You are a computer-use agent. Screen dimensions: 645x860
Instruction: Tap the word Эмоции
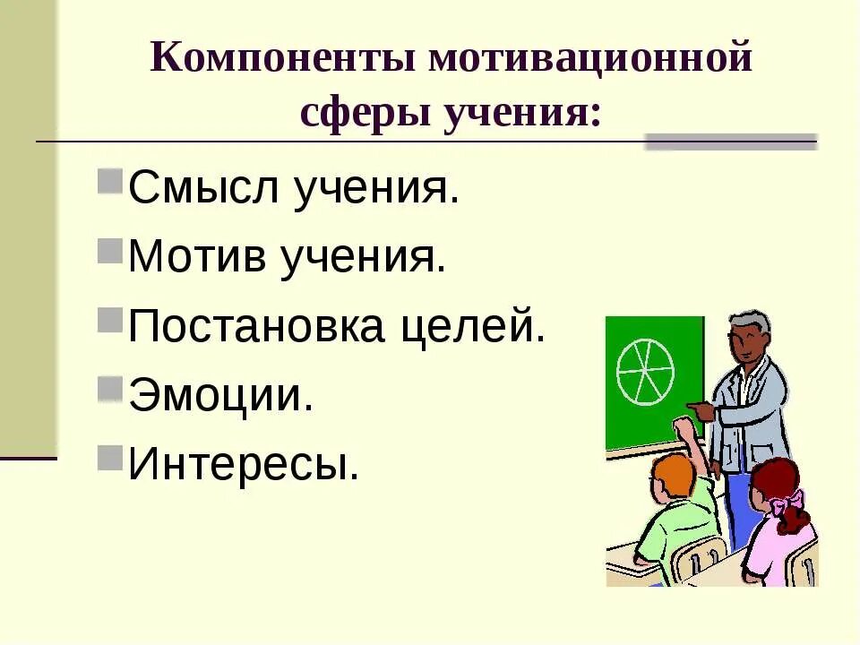click(x=221, y=396)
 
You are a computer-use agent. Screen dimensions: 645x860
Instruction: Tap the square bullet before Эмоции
click(x=109, y=385)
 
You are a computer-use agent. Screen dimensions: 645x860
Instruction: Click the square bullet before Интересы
click(x=109, y=454)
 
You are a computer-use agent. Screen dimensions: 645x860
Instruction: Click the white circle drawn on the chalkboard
click(x=645, y=370)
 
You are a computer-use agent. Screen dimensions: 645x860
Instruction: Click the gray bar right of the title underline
click(x=731, y=141)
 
